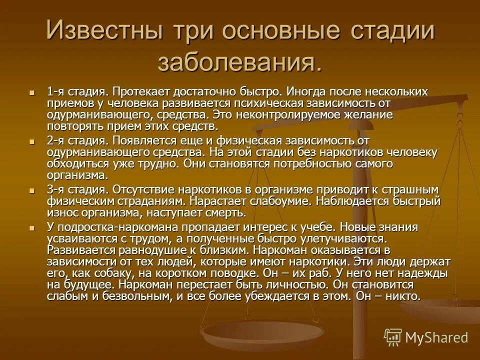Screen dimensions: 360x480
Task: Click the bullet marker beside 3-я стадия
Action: click(x=33, y=190)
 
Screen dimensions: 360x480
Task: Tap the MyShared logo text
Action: click(x=436, y=337)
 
